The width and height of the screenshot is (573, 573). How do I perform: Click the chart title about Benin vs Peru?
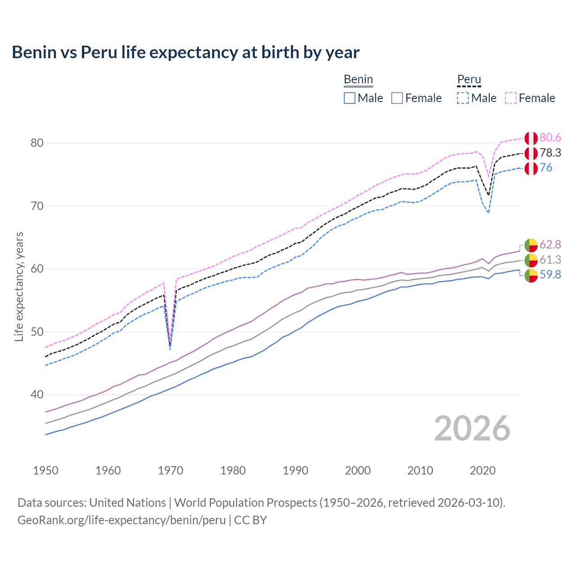click(185, 52)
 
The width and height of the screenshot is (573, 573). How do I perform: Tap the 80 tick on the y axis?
click(37, 143)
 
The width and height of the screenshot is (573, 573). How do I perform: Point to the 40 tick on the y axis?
click(37, 395)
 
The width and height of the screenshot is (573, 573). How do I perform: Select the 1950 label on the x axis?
click(46, 470)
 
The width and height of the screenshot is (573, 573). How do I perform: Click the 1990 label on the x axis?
click(295, 470)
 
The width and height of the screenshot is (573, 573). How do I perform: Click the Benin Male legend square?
click(350, 98)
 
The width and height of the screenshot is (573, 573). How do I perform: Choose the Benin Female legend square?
click(397, 98)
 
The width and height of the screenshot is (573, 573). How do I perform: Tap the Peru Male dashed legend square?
click(463, 98)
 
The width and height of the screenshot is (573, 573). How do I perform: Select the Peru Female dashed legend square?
click(511, 98)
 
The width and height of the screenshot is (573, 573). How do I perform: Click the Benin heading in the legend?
click(358, 80)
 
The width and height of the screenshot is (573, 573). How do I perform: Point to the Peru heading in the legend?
click(469, 80)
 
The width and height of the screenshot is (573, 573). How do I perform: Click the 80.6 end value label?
click(550, 138)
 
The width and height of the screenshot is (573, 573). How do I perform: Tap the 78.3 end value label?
click(550, 153)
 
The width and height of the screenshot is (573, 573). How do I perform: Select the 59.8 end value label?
click(550, 275)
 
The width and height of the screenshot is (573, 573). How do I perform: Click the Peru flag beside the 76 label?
click(531, 168)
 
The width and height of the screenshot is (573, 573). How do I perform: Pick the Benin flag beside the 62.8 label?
click(531, 245)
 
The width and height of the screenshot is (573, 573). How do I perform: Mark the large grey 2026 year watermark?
click(472, 428)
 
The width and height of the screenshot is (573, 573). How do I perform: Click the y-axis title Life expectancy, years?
click(19, 286)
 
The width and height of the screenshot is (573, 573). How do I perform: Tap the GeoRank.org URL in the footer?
click(121, 520)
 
